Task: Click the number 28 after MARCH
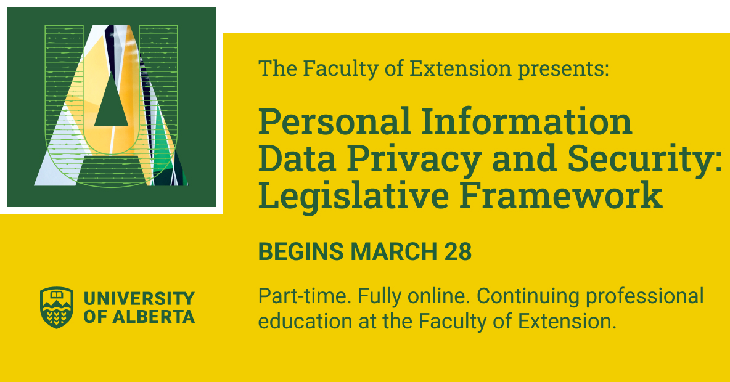(x=457, y=252)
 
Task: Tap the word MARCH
(x=395, y=252)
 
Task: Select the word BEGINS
(x=300, y=252)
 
